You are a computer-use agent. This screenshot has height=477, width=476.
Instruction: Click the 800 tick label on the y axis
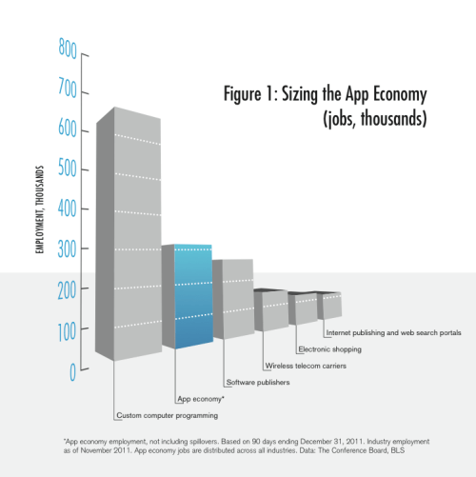[x=67, y=48]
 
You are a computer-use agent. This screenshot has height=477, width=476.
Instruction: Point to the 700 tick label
[x=67, y=88]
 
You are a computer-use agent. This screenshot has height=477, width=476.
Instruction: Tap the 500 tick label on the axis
[x=67, y=169]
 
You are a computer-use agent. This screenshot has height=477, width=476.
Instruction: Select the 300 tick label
[x=67, y=249]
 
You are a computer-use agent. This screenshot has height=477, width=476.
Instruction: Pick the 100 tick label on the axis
[x=67, y=329]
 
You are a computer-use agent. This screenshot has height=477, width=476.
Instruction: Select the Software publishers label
[x=257, y=383]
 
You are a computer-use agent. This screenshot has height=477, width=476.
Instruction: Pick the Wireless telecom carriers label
[x=305, y=366]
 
